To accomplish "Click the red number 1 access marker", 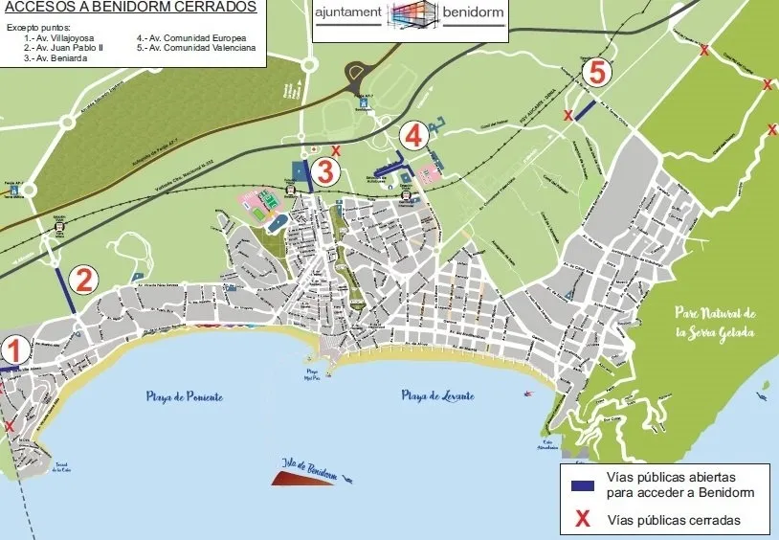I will click(x=14, y=350).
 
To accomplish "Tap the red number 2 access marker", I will click(x=84, y=280).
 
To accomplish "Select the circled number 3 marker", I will click(x=325, y=172).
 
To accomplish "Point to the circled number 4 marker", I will click(x=413, y=135).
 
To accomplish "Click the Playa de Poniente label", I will click(x=185, y=396).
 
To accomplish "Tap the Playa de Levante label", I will click(x=439, y=394).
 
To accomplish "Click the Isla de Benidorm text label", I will click(x=308, y=465).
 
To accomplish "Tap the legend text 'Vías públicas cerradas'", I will click(x=674, y=521).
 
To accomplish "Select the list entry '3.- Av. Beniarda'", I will click(x=55, y=57).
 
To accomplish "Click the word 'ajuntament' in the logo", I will click(x=348, y=15).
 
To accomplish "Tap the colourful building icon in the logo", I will click(x=412, y=18).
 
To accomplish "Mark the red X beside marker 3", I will click(x=335, y=149).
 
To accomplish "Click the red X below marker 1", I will click(x=10, y=426).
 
